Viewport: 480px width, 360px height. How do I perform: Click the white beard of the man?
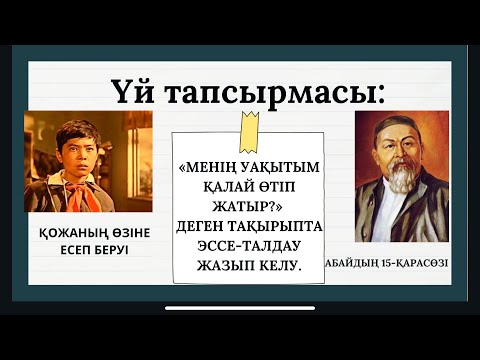(397, 179)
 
